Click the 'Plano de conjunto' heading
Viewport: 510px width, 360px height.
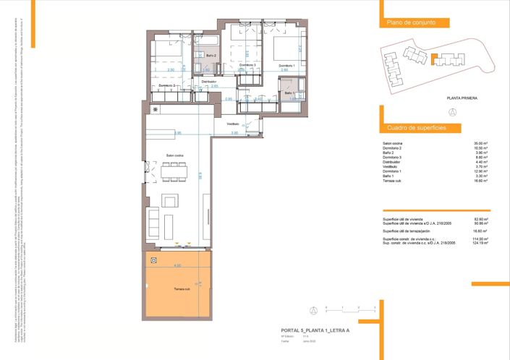(411, 23)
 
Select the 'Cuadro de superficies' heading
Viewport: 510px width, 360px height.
(416, 128)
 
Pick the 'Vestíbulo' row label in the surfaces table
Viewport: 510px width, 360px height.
(390, 167)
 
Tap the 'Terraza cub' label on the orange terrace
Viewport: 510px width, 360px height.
(182, 289)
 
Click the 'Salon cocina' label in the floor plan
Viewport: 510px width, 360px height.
(175, 155)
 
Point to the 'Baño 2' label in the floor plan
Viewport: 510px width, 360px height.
(211, 55)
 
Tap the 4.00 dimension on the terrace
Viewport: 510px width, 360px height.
(177, 266)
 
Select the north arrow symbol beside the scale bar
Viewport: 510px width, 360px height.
(313, 311)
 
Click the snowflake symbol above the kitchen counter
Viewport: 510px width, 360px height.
(154, 109)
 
